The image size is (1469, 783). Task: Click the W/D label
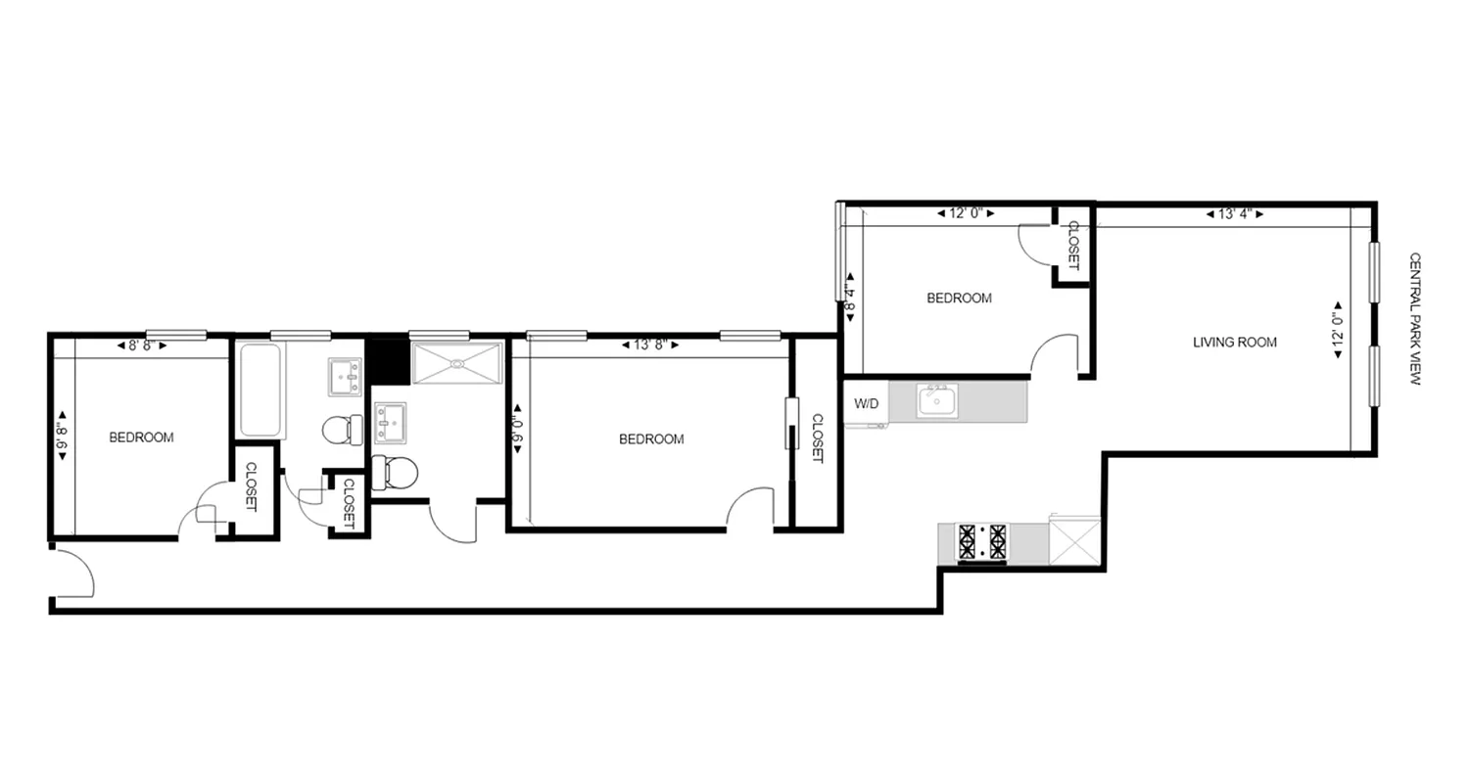(x=867, y=403)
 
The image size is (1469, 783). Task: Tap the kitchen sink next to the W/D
(x=936, y=401)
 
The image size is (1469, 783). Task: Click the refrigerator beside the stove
(x=1073, y=539)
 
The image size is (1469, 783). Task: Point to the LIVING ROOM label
(x=1234, y=343)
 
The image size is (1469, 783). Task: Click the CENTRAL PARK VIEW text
(x=1414, y=318)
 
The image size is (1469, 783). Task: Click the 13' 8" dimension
(x=651, y=345)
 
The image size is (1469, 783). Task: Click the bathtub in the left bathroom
(x=261, y=390)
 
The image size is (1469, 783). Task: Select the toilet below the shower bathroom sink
(x=396, y=473)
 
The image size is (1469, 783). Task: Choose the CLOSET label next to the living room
(x=1072, y=246)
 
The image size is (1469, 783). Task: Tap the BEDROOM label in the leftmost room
(x=141, y=438)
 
